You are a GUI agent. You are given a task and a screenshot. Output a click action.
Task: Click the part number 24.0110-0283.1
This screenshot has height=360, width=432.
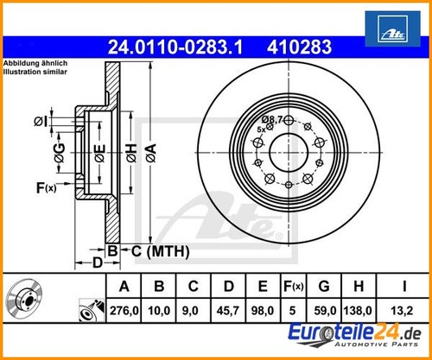click(175, 47)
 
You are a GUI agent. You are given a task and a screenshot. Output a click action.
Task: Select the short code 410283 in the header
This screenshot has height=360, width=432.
click(299, 47)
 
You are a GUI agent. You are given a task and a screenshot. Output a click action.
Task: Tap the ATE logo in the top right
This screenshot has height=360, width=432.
click(392, 28)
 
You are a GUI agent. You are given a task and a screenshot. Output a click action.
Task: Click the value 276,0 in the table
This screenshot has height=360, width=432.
click(124, 311)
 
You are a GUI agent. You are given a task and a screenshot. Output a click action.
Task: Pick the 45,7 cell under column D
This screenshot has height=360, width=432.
click(228, 311)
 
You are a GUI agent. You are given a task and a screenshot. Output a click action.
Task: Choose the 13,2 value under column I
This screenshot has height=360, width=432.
click(402, 311)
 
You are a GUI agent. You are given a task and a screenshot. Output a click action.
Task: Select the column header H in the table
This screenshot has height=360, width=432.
click(359, 287)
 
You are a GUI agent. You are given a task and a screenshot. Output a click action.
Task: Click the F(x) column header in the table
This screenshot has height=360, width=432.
click(293, 287)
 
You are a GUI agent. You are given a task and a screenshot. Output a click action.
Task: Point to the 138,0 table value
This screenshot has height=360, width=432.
click(358, 311)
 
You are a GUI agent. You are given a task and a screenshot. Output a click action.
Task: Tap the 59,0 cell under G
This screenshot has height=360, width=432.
click(325, 311)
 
